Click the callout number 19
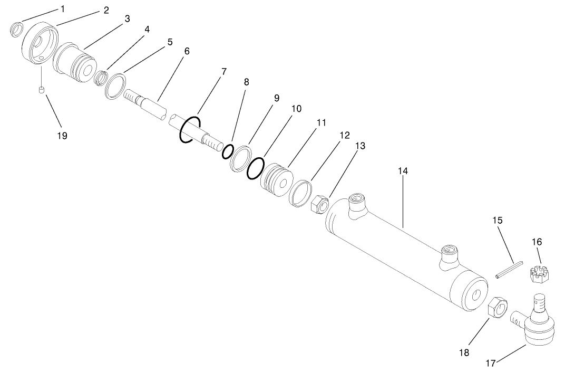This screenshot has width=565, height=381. tap(62, 136)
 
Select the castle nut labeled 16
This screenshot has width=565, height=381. tap(537, 274)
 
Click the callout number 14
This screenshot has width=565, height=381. tap(403, 171)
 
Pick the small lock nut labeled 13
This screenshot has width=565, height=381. tap(321, 204)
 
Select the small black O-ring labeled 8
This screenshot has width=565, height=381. tap(228, 151)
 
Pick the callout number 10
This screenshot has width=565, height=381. tap(296, 109)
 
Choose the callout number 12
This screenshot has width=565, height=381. tap(344, 135)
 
